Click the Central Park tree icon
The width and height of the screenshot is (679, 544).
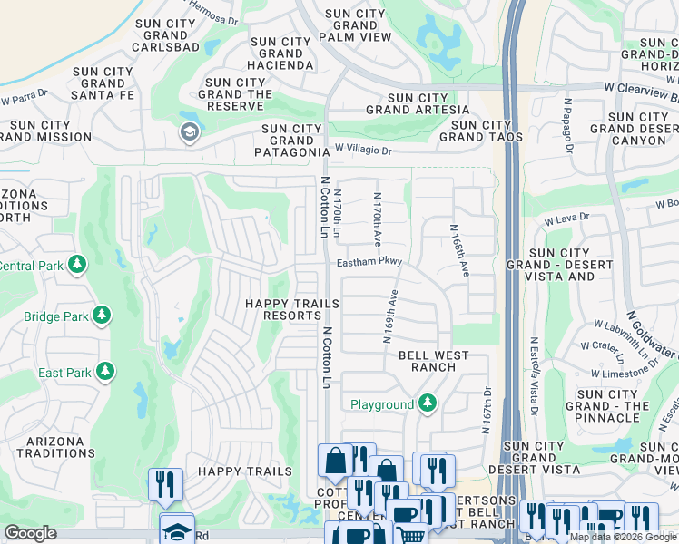78,265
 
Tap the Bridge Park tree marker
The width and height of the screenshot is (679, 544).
103,316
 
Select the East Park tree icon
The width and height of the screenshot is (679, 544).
105,372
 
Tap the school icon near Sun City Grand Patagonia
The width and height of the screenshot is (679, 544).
189,132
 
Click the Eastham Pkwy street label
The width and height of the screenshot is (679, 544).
369,262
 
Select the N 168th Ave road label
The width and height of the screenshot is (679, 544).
458,250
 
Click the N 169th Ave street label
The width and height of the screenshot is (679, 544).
389,316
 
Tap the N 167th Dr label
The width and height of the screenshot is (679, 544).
487,404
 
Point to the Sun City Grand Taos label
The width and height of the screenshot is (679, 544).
481,131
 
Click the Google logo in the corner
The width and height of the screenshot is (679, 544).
30,532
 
